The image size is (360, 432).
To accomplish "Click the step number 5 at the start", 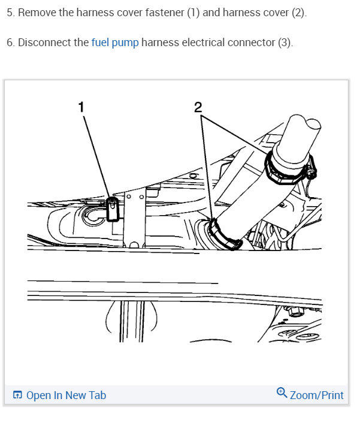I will [10, 13].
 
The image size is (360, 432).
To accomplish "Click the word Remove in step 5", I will [37, 13].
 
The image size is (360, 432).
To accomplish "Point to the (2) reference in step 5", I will [298, 13].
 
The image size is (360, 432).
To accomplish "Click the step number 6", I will [10, 43].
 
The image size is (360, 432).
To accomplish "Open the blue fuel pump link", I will [115, 43].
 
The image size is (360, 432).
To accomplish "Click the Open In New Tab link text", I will [66, 395].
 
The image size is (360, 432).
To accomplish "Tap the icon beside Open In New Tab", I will [17, 395].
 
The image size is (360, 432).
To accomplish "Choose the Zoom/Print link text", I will [316, 395].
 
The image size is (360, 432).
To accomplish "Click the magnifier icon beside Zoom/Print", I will [282, 393].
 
